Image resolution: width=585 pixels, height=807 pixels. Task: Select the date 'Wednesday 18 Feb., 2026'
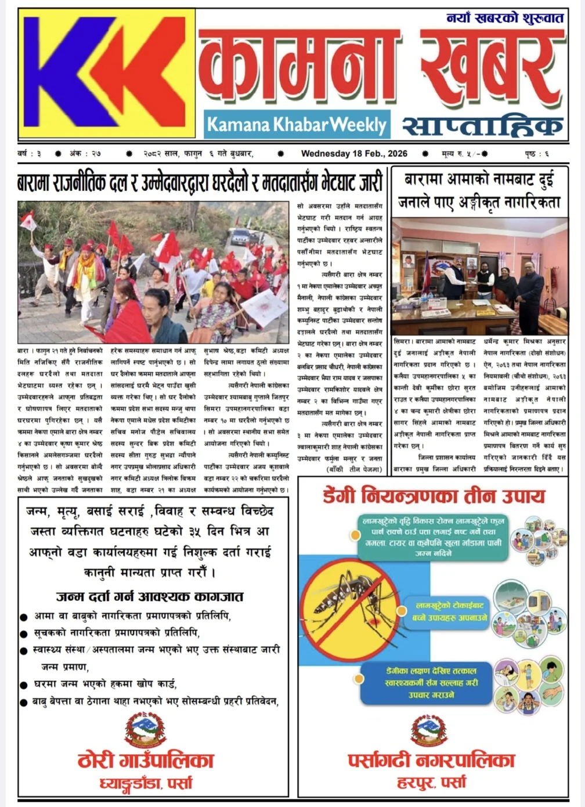[x=354, y=154]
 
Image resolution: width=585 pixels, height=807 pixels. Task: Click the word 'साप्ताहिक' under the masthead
[x=482, y=125]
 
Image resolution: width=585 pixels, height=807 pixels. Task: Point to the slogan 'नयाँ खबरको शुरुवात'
[x=505, y=19]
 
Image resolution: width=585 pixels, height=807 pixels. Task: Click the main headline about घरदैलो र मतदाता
[x=200, y=183]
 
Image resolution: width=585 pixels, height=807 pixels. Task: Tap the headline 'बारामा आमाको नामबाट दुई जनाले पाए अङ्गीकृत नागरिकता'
[x=479, y=190]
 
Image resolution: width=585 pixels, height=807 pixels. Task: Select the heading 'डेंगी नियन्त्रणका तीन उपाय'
[x=434, y=496]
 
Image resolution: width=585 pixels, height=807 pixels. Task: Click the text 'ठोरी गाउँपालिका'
[x=146, y=760]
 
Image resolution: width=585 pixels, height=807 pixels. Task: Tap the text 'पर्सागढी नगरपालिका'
[x=432, y=760]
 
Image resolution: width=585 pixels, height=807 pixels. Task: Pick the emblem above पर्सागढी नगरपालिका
[x=429, y=730]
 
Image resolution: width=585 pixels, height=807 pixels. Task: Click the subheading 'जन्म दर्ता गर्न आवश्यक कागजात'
[x=150, y=596]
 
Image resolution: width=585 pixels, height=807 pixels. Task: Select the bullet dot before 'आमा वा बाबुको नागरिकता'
[x=24, y=617]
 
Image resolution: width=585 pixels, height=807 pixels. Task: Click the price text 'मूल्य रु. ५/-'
[x=464, y=154]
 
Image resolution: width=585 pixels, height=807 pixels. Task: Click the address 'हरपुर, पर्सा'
[x=431, y=783]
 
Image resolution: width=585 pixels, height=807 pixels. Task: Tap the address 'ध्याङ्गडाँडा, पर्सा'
[x=146, y=783]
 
